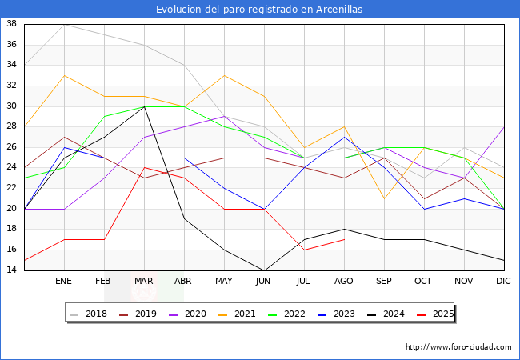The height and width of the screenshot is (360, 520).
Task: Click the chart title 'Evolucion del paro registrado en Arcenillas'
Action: tap(259, 9)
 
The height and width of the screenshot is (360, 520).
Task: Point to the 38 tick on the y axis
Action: tap(12, 24)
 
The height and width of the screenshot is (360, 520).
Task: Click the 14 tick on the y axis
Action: tap(12, 270)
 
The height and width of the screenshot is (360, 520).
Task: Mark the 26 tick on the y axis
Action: tap(12, 147)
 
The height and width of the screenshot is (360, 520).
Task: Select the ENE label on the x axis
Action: tap(64, 282)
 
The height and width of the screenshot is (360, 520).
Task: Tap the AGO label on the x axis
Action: tap(344, 282)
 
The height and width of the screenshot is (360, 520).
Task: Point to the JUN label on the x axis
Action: tap(264, 282)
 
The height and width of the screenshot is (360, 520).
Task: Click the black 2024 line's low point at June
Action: tap(264, 270)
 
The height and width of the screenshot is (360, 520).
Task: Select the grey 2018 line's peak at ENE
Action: tap(64, 24)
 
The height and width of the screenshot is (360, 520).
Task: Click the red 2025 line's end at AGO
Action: tap(344, 239)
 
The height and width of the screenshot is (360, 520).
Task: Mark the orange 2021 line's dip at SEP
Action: tap(384, 198)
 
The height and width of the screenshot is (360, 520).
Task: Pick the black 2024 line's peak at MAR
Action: tap(144, 106)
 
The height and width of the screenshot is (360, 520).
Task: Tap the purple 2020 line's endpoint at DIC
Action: tap(504, 126)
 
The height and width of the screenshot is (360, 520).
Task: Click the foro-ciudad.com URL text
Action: tap(458, 347)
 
